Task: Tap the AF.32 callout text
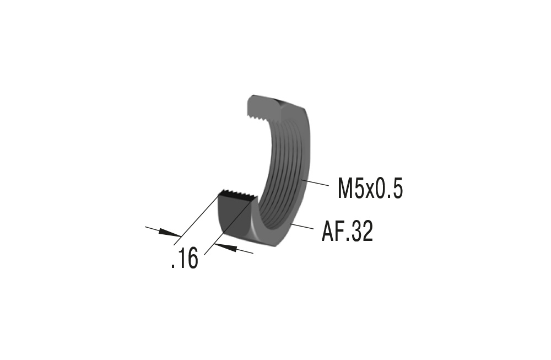pyautogui.click(x=347, y=232)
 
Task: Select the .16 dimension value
pyautogui.click(x=185, y=259)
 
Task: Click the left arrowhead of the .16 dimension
pyautogui.click(x=171, y=234)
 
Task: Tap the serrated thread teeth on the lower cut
pyautogui.click(x=237, y=194)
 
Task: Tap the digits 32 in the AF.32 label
pyautogui.click(x=362, y=232)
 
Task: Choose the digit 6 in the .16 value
pyautogui.click(x=191, y=259)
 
